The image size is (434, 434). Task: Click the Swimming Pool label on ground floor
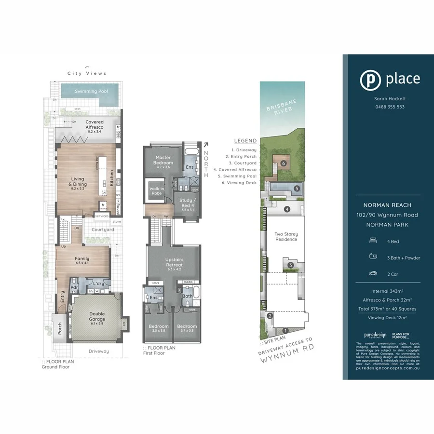coord(91,91)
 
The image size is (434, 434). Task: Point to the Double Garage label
coord(96,316)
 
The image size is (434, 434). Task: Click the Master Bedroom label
coord(163,160)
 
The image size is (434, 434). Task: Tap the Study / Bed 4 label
coord(187,203)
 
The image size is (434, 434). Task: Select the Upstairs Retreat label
coord(174,262)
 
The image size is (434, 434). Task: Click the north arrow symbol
coord(206,144)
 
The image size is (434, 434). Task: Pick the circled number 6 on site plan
coord(284,163)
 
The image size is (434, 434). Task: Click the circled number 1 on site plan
coord(285,330)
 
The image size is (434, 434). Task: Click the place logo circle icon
coord(370,80)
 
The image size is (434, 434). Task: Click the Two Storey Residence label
coord(286,237)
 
